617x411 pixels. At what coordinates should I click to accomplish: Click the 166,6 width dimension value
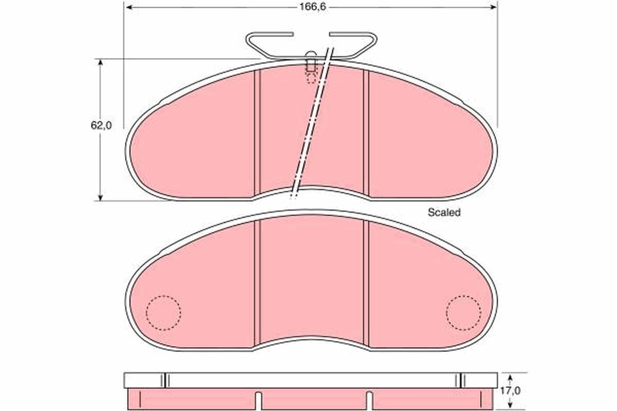313,7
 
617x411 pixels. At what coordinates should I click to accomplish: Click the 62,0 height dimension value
101,125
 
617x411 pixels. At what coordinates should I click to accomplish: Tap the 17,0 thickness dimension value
511,390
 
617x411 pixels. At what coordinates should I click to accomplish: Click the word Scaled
444,212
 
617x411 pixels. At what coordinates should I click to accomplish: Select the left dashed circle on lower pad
164,313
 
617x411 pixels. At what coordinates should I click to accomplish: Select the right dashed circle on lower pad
464,313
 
